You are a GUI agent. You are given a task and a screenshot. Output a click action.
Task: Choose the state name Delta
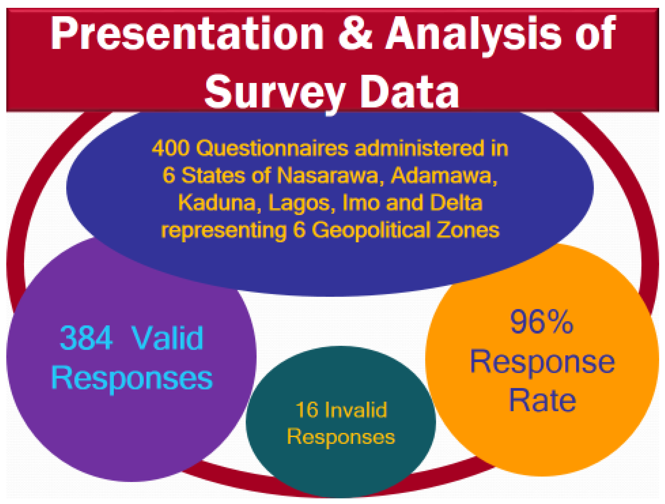pos(456,202)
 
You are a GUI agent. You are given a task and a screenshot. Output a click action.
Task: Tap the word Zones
pos(468,230)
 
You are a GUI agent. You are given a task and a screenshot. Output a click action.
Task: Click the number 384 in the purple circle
pos(86,338)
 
